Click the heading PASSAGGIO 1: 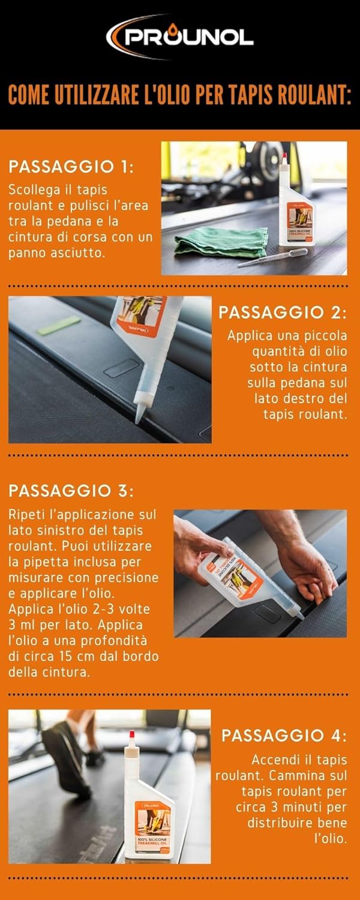click(x=71, y=166)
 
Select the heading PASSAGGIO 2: click(x=283, y=312)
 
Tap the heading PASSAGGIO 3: click(x=71, y=490)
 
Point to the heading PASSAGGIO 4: click(x=284, y=734)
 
